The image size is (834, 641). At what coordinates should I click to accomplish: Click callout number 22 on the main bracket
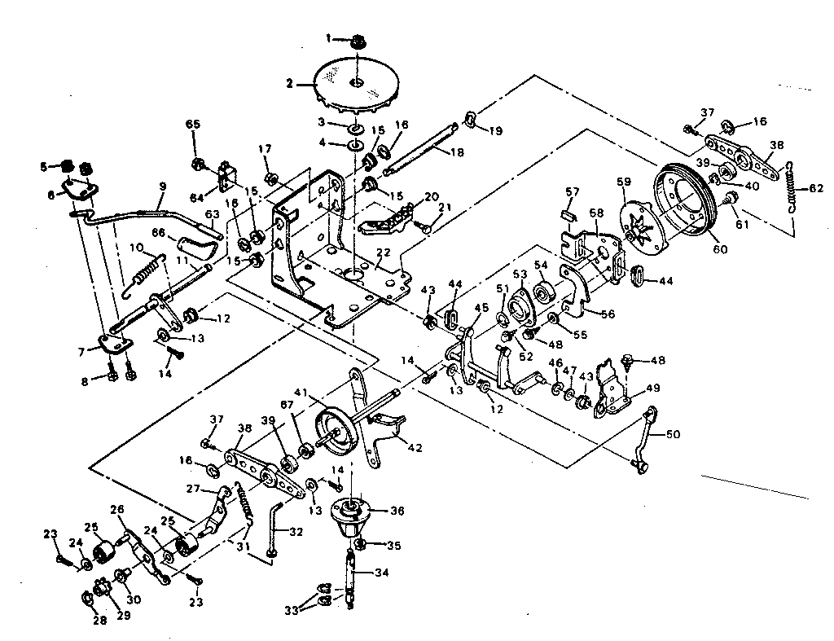[x=382, y=254]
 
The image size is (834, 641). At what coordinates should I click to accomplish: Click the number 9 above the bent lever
[x=161, y=187]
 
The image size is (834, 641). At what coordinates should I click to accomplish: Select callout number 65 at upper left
[x=193, y=124]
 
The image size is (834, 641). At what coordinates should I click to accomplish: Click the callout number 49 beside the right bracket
[x=652, y=388]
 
